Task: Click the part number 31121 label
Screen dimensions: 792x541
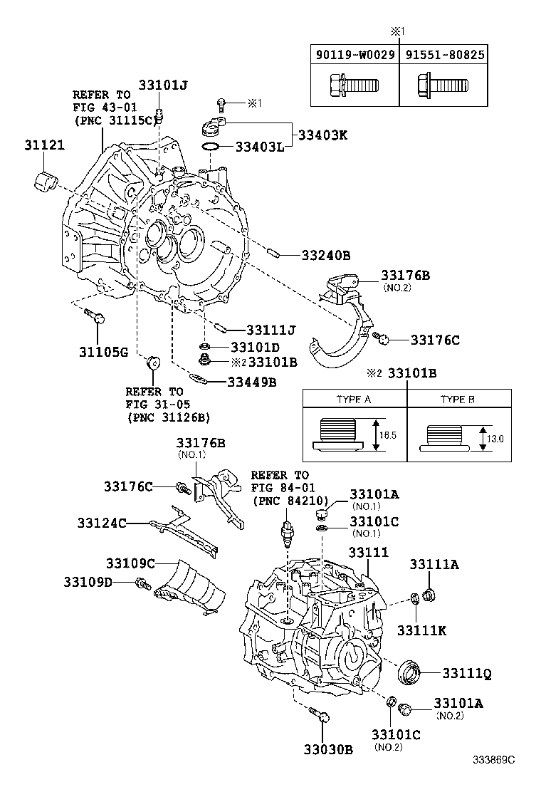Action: [x=44, y=145]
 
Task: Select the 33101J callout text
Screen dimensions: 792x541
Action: [x=162, y=85]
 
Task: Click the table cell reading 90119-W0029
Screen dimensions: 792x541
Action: [x=354, y=54]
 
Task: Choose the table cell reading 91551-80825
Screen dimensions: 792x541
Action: [x=444, y=54]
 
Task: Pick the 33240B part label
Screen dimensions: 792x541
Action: [x=325, y=255]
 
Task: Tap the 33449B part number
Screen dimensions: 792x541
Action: [x=252, y=382]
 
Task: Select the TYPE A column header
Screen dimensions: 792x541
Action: [x=354, y=400]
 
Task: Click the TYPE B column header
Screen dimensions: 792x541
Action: [x=457, y=400]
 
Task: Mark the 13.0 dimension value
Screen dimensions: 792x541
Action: [x=496, y=439]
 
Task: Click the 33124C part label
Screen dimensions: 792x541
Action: [x=102, y=523]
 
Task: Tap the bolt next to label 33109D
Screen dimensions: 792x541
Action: [x=143, y=584]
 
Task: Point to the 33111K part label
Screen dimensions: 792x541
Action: [x=421, y=630]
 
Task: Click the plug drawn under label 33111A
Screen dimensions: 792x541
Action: [x=429, y=593]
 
